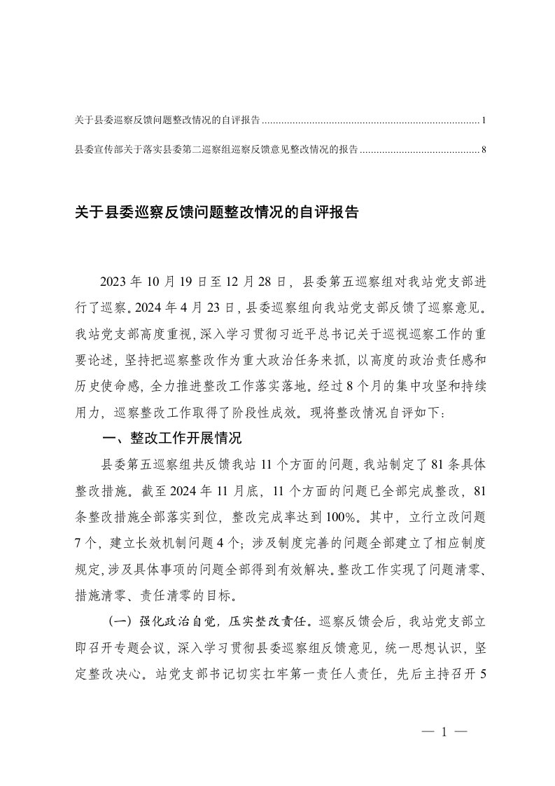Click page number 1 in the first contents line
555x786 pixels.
click(x=484, y=121)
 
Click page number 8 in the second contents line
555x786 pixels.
click(x=484, y=149)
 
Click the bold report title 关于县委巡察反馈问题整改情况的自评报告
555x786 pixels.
click(x=217, y=212)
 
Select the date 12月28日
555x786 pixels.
click(x=252, y=282)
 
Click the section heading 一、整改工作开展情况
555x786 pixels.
click(x=171, y=439)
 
